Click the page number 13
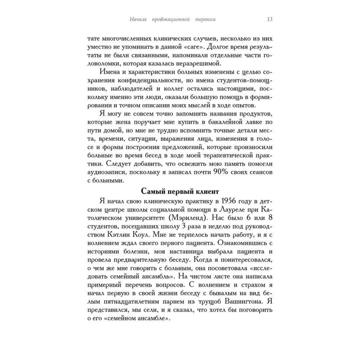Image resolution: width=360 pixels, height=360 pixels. coord(269,19)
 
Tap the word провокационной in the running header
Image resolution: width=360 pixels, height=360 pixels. coord(170,19)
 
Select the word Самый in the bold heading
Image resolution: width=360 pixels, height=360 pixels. coord(152,190)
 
